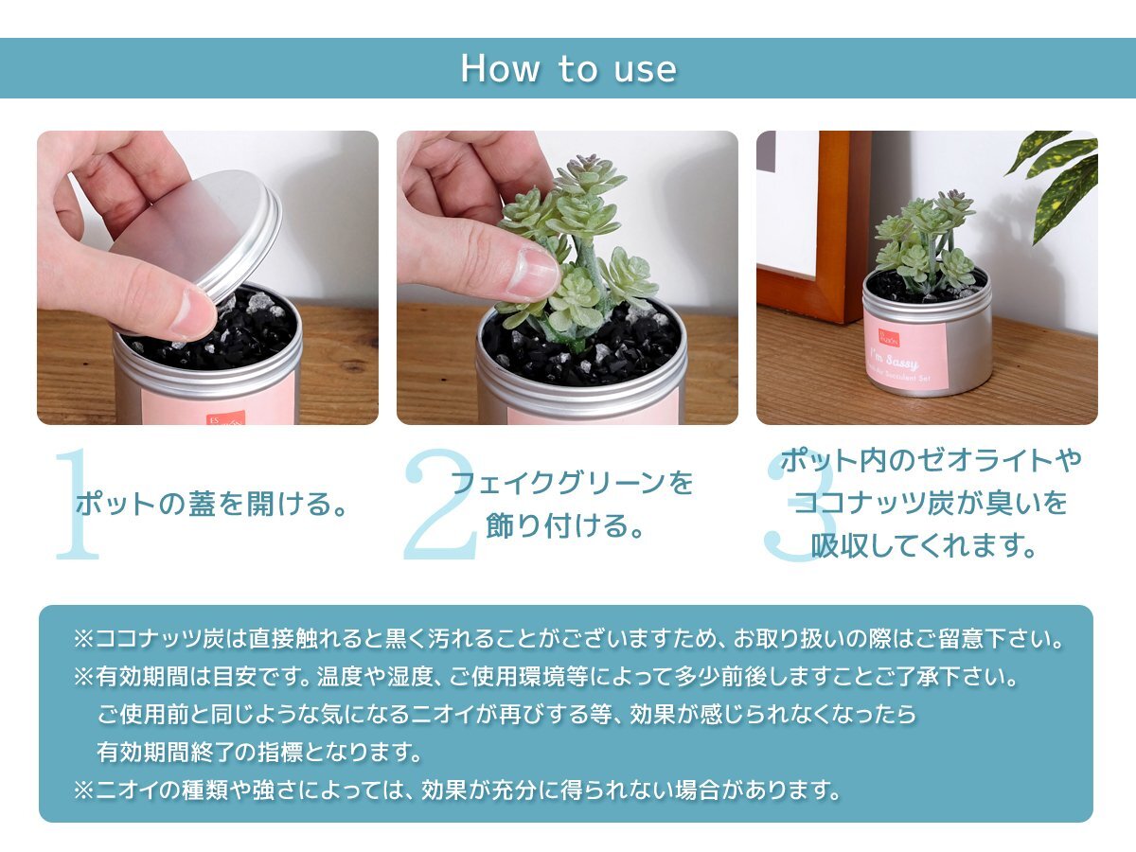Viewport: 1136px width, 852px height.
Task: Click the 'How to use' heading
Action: pos(568,68)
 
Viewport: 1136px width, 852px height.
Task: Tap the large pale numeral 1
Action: pos(78,505)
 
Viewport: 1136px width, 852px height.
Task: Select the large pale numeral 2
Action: pos(440,505)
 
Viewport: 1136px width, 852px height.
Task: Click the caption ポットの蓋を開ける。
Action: pos(211,504)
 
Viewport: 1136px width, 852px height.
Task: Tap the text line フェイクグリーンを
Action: pos(572,483)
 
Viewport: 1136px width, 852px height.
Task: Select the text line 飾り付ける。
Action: pos(564,525)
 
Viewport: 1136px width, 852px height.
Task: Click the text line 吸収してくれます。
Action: pos(923,546)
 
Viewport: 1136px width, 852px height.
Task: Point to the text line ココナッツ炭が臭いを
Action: pos(930,503)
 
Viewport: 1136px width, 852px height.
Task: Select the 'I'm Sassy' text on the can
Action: pos(895,360)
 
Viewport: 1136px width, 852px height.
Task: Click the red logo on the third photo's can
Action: pos(889,338)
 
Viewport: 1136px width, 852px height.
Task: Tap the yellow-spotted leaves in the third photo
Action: pos(1056,181)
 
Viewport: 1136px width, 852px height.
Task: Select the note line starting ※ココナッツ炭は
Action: pos(568,639)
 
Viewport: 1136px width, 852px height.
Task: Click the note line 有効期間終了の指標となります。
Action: pos(258,753)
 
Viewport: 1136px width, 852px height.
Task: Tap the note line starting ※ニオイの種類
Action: pos(457,790)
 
